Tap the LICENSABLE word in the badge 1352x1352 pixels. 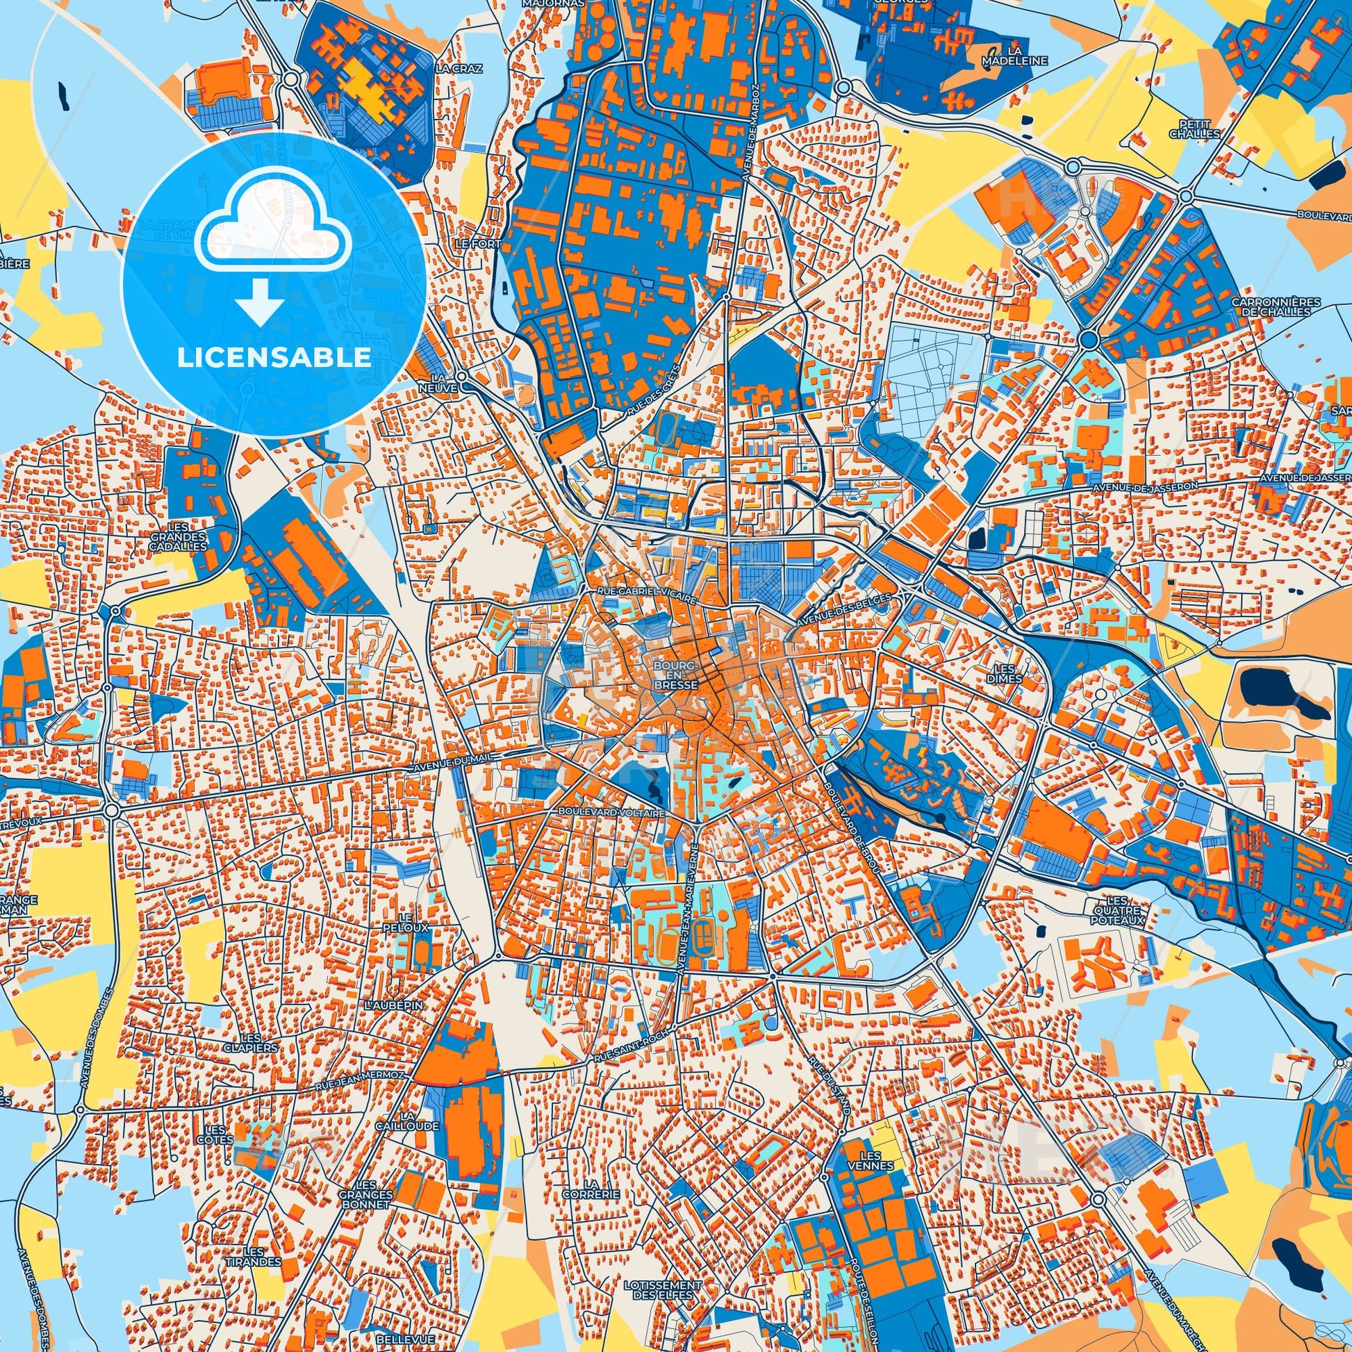point(274,358)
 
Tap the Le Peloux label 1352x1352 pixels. point(414,922)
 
